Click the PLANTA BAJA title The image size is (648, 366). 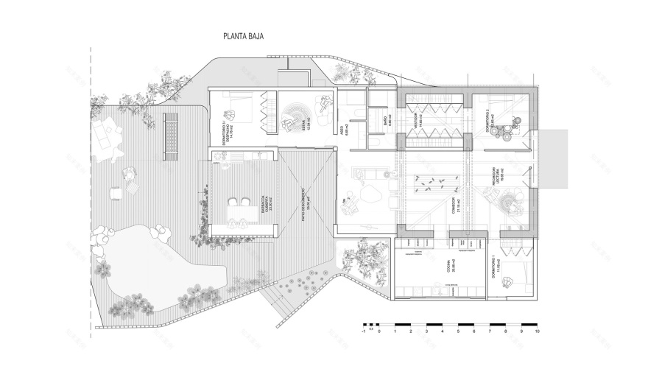point(244,35)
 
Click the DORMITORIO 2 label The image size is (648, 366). point(488,122)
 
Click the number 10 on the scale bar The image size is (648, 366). point(538,333)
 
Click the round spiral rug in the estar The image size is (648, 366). point(294,112)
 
